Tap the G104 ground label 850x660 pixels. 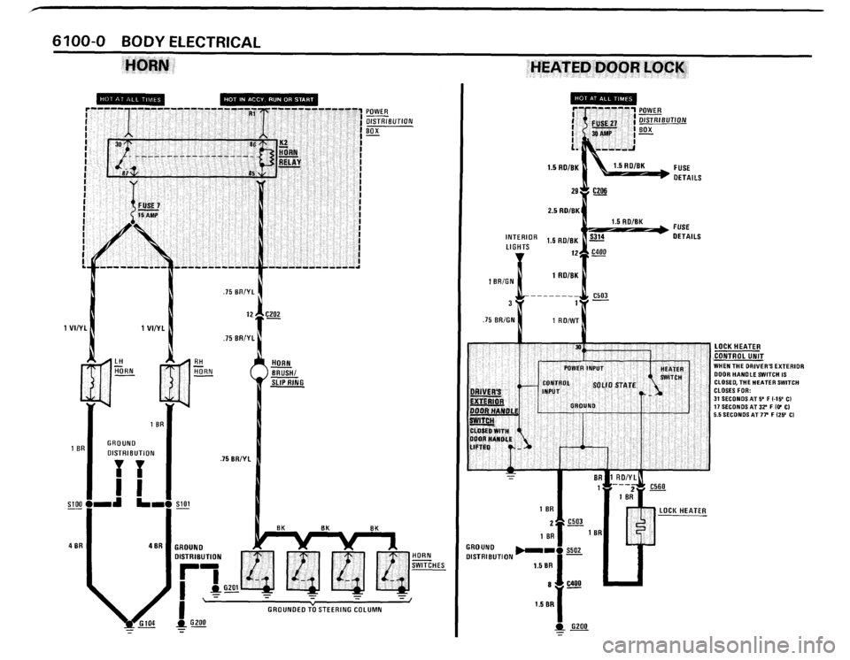point(145,624)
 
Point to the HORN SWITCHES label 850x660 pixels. point(429,560)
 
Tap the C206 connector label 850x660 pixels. point(600,190)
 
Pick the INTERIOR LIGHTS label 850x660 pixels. point(522,242)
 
